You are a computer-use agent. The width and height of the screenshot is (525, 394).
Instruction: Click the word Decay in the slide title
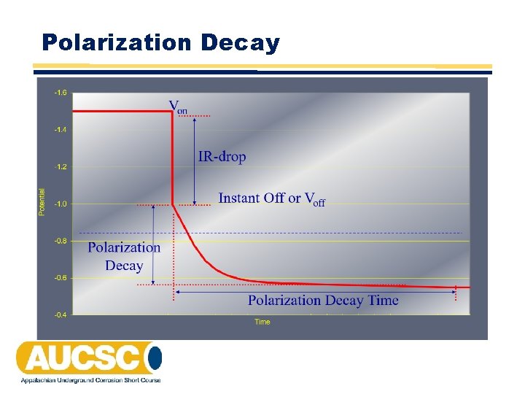(240, 43)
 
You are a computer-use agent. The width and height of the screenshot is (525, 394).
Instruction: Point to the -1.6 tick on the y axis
(60, 93)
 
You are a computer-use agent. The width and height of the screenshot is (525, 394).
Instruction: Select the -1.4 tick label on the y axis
(60, 130)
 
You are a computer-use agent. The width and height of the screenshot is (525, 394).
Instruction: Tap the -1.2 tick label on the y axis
(60, 167)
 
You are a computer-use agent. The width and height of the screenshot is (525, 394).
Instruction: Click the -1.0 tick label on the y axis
(60, 204)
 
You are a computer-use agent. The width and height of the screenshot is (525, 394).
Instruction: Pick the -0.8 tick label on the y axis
(60, 241)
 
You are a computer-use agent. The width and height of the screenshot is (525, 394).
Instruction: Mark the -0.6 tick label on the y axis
(60, 278)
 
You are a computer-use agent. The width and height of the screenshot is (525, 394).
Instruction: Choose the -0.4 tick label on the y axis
(60, 315)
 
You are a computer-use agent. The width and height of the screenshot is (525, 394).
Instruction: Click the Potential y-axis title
(41, 202)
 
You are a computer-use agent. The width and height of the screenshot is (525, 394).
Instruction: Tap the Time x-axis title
(262, 322)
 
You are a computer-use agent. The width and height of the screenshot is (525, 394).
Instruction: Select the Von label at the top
(178, 107)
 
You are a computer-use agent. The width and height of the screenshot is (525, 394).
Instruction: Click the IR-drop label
(222, 157)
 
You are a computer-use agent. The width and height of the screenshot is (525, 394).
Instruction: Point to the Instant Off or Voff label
(271, 198)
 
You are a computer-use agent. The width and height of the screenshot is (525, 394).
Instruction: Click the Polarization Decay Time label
(323, 301)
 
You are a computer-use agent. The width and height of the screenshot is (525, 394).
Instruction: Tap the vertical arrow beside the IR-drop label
(195, 161)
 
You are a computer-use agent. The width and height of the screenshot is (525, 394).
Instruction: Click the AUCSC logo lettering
(80, 358)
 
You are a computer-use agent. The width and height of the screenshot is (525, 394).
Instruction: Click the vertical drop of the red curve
(171, 157)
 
